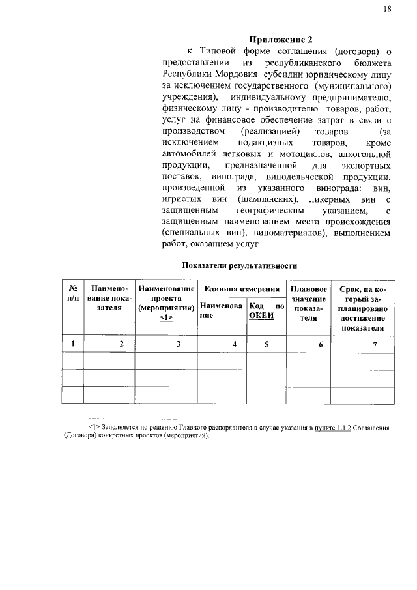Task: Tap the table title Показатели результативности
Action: [x=240, y=266]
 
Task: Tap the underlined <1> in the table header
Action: [x=165, y=317]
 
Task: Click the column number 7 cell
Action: [x=375, y=344]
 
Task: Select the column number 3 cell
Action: [x=178, y=344]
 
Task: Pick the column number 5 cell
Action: [x=266, y=344]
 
